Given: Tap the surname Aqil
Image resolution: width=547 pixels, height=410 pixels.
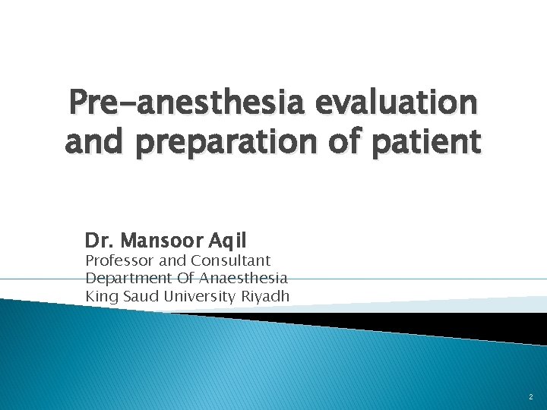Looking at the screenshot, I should click(x=226, y=242).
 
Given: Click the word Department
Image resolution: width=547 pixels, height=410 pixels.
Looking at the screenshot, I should click(x=124, y=279).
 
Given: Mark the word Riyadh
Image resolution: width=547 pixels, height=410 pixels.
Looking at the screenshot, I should click(x=267, y=296).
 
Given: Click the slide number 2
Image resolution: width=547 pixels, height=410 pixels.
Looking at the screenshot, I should click(x=531, y=397).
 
